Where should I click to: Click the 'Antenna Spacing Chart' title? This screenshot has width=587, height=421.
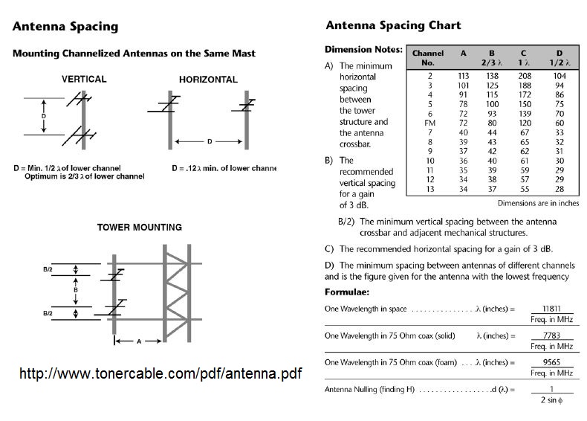(393, 25)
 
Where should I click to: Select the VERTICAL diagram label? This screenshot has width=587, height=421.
(83, 79)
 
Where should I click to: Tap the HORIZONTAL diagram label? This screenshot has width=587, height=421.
(208, 80)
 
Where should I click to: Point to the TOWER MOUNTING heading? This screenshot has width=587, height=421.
(139, 227)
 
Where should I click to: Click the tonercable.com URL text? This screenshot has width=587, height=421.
(160, 373)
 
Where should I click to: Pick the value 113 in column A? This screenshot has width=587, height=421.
(464, 75)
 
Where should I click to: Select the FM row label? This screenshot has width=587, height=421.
(429, 122)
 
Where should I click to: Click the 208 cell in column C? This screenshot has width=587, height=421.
(525, 75)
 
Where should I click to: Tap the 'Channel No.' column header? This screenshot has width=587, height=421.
(428, 58)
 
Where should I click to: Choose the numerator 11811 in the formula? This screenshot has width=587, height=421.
(551, 307)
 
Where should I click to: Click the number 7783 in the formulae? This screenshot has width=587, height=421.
(551, 335)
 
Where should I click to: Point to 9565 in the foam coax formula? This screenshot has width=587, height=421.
(551, 363)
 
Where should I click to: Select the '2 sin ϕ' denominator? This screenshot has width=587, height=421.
(551, 401)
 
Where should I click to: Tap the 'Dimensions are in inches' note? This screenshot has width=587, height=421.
(538, 202)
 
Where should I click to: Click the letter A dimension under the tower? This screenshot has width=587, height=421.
(138, 341)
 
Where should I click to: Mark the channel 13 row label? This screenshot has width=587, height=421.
(429, 189)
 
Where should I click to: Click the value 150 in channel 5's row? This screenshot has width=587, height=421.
(525, 103)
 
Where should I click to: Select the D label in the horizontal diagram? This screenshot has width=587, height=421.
(210, 141)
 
